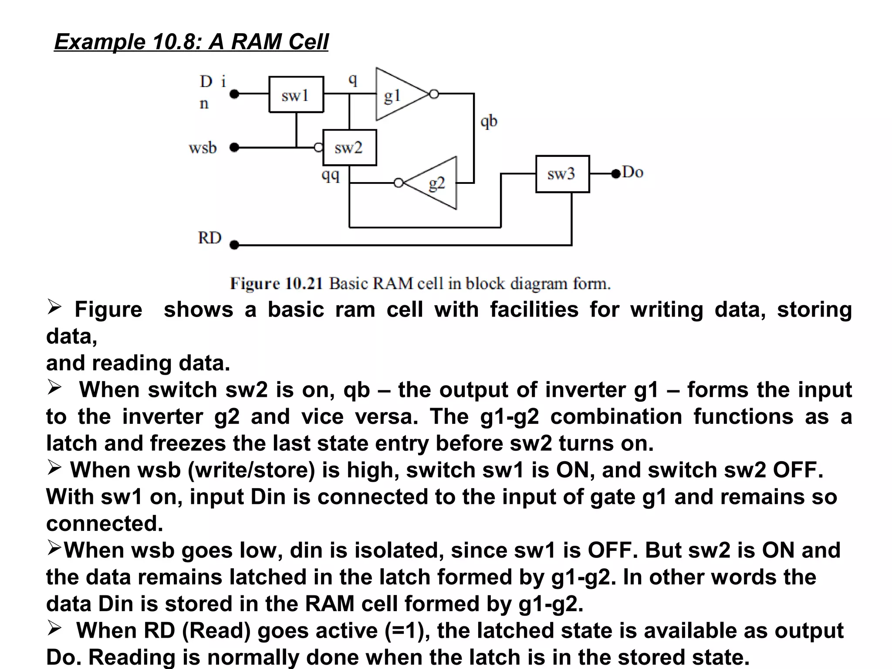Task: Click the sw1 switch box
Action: pos(296,95)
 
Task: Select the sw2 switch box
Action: pos(349,148)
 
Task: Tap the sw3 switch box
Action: pos(562,174)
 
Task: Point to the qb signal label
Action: pos(489,121)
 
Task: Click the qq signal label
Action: pos(330,175)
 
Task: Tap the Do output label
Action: pos(633,172)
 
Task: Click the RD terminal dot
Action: pos(234,245)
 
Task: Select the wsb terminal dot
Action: pos(234,147)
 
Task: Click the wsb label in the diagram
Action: pos(203,148)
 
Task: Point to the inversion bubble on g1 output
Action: pos(434,94)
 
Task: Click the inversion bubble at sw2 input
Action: pos(319,148)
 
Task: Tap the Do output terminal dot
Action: pos(615,174)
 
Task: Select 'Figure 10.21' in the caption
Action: pos(276,284)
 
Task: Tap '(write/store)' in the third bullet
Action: pos(251,470)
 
